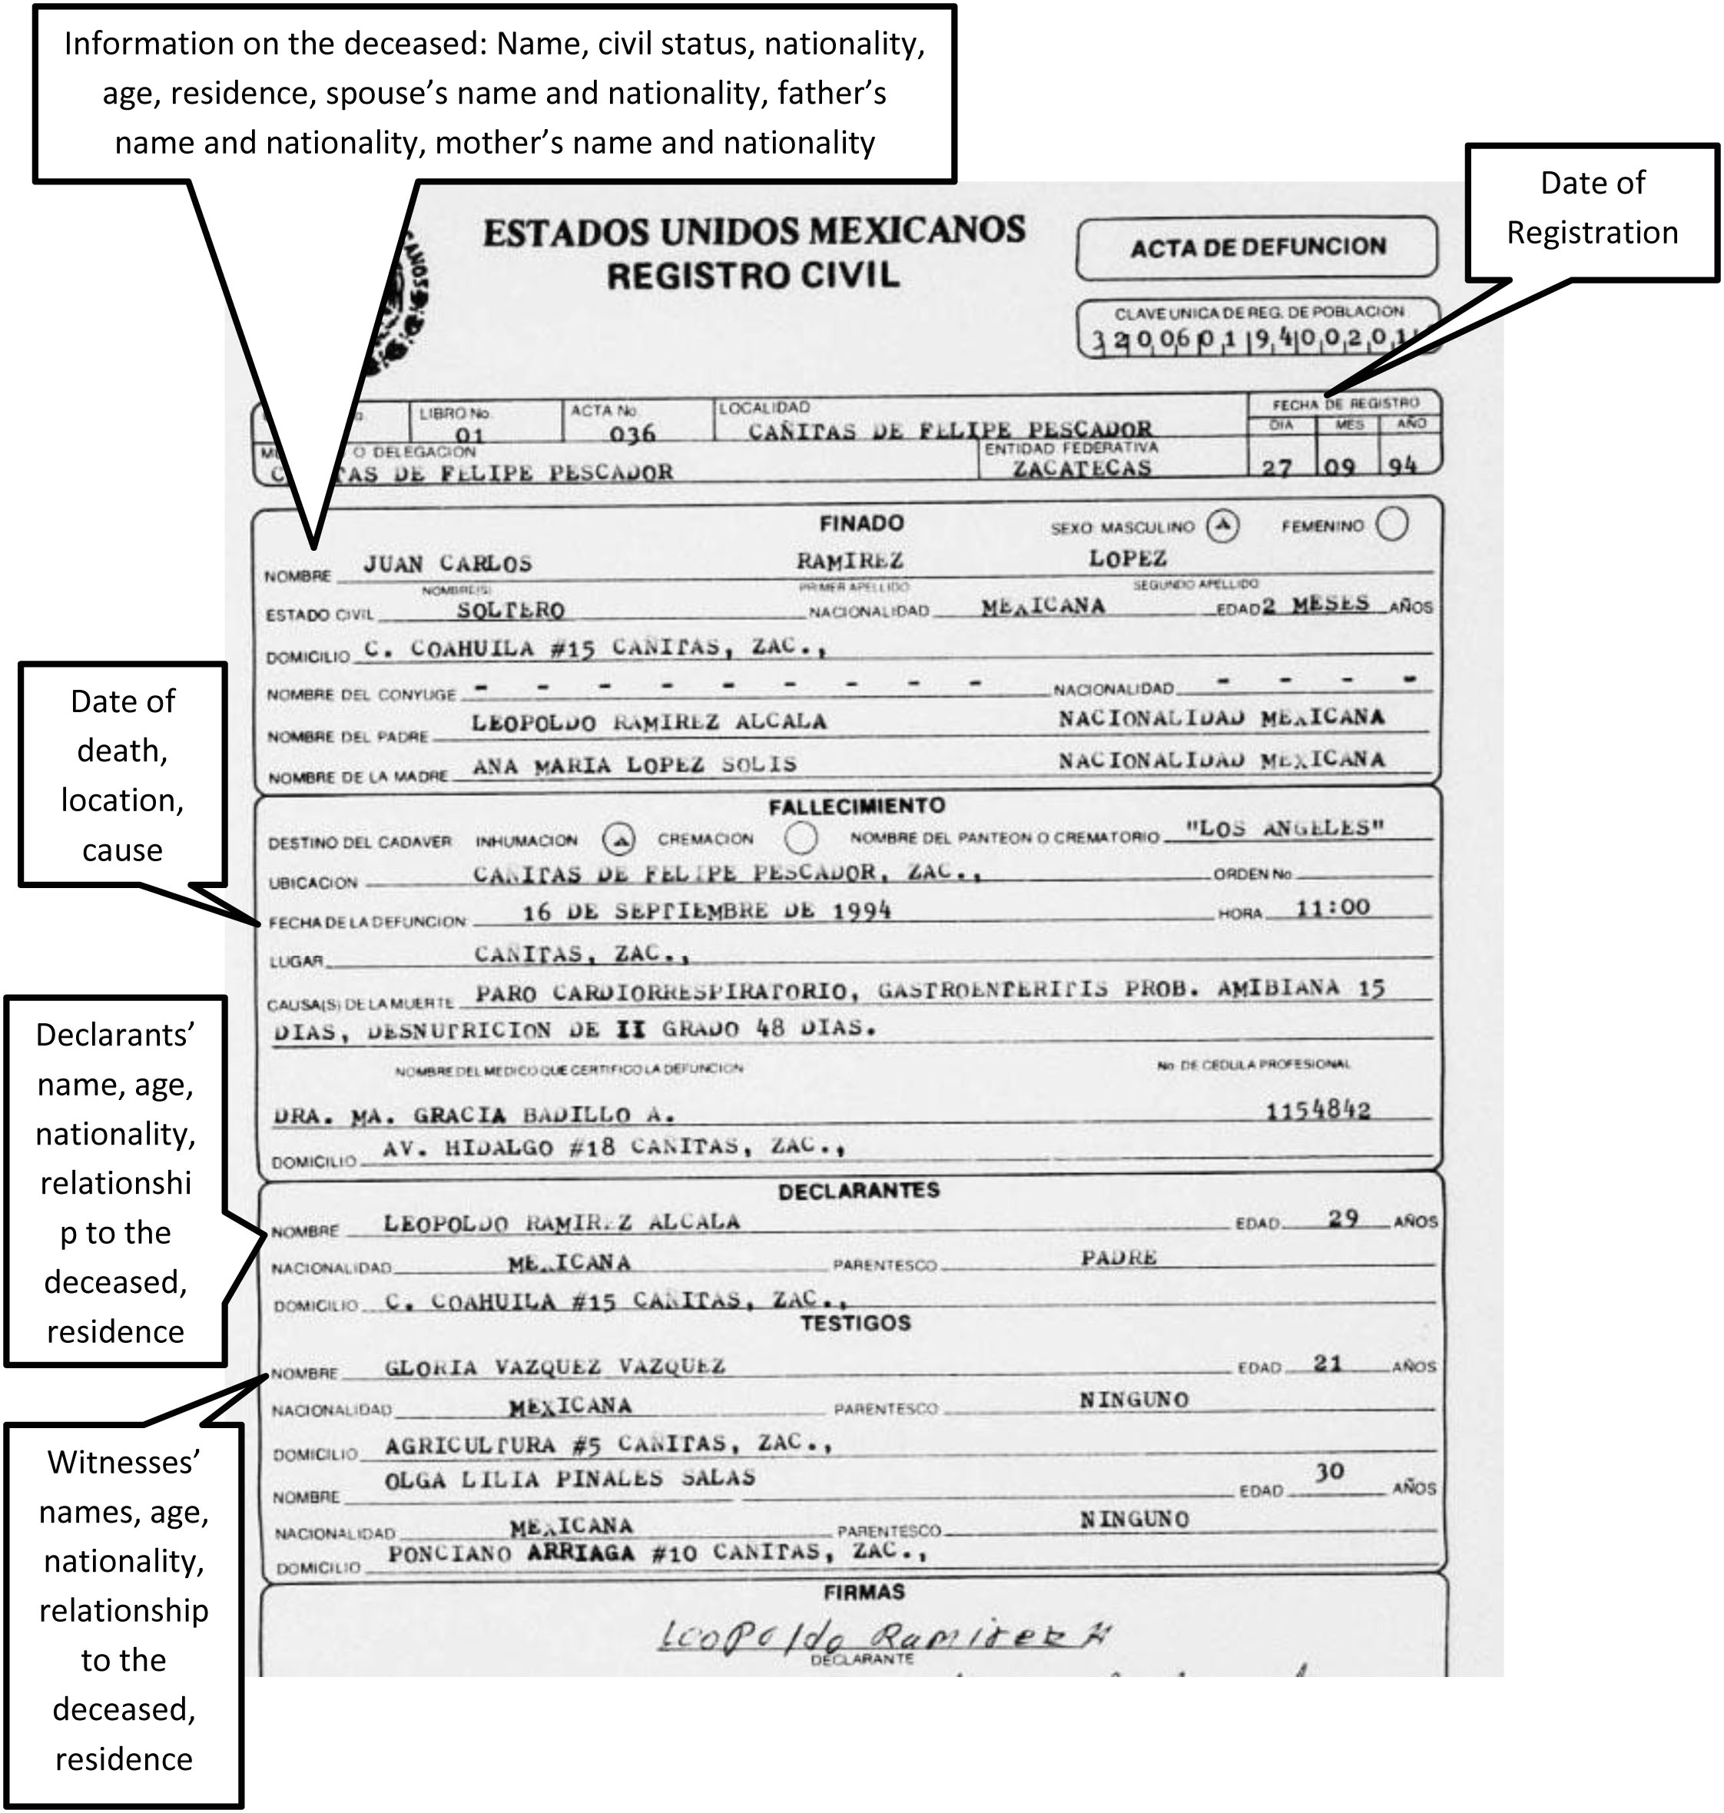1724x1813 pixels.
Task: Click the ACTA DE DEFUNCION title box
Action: point(1256,248)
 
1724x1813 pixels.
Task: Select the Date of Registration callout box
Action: point(1591,210)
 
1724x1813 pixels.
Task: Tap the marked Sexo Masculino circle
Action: point(1222,525)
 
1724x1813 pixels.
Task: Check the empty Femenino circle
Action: point(1392,524)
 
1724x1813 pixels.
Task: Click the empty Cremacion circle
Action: point(801,837)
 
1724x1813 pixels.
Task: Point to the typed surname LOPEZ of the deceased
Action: point(1128,558)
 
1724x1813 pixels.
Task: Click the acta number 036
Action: point(632,433)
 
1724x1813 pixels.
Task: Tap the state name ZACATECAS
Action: point(1082,468)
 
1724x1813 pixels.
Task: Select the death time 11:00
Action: point(1332,908)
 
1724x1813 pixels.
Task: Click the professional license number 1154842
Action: point(1318,1111)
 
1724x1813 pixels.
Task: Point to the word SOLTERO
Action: point(511,610)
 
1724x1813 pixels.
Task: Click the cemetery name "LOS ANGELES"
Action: point(1284,829)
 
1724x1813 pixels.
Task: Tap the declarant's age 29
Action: point(1343,1218)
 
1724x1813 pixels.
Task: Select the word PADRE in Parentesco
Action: point(1119,1257)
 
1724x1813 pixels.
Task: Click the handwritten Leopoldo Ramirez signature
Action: point(882,1636)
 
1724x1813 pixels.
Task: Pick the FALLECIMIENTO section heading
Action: point(857,806)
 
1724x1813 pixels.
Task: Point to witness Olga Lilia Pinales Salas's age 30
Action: point(1329,1472)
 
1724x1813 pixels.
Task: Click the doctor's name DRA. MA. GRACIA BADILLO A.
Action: point(474,1115)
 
